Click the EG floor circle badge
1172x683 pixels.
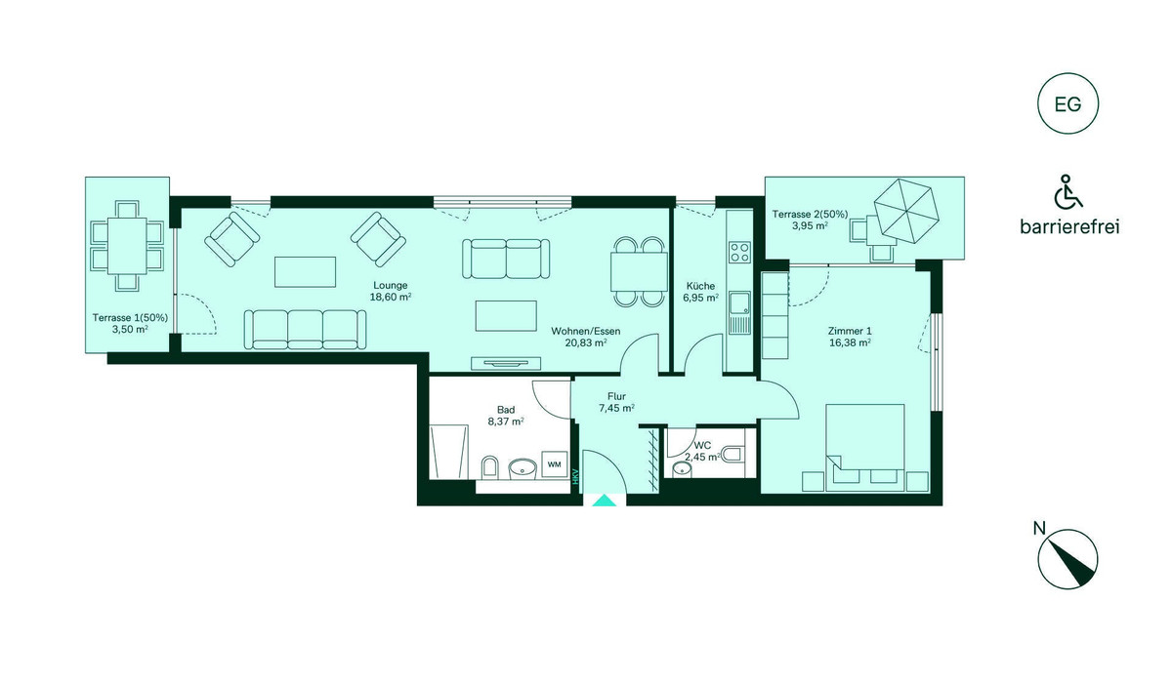pyautogui.click(x=1067, y=103)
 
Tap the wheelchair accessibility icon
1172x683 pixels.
pyautogui.click(x=1067, y=191)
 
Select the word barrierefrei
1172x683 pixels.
pyautogui.click(x=1069, y=227)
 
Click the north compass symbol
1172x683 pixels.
pyautogui.click(x=1067, y=560)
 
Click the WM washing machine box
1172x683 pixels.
pyautogui.click(x=554, y=464)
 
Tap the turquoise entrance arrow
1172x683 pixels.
pyautogui.click(x=605, y=501)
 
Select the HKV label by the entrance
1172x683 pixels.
pyautogui.click(x=575, y=476)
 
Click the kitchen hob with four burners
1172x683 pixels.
pyautogui.click(x=740, y=252)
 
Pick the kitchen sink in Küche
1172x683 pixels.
pyautogui.click(x=740, y=313)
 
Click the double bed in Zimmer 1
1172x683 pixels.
pyautogui.click(x=865, y=447)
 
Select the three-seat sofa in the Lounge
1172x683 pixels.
pyautogui.click(x=305, y=329)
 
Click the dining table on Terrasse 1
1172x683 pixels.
pyautogui.click(x=127, y=246)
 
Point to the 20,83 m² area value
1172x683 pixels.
pyautogui.click(x=585, y=342)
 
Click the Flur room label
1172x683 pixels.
pyautogui.click(x=617, y=397)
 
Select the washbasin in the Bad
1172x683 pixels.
pyautogui.click(x=156, y=468)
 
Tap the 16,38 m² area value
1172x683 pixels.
pyautogui.click(x=850, y=342)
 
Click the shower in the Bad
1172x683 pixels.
pyautogui.click(x=448, y=452)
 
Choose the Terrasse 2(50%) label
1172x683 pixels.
pyautogui.click(x=810, y=215)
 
